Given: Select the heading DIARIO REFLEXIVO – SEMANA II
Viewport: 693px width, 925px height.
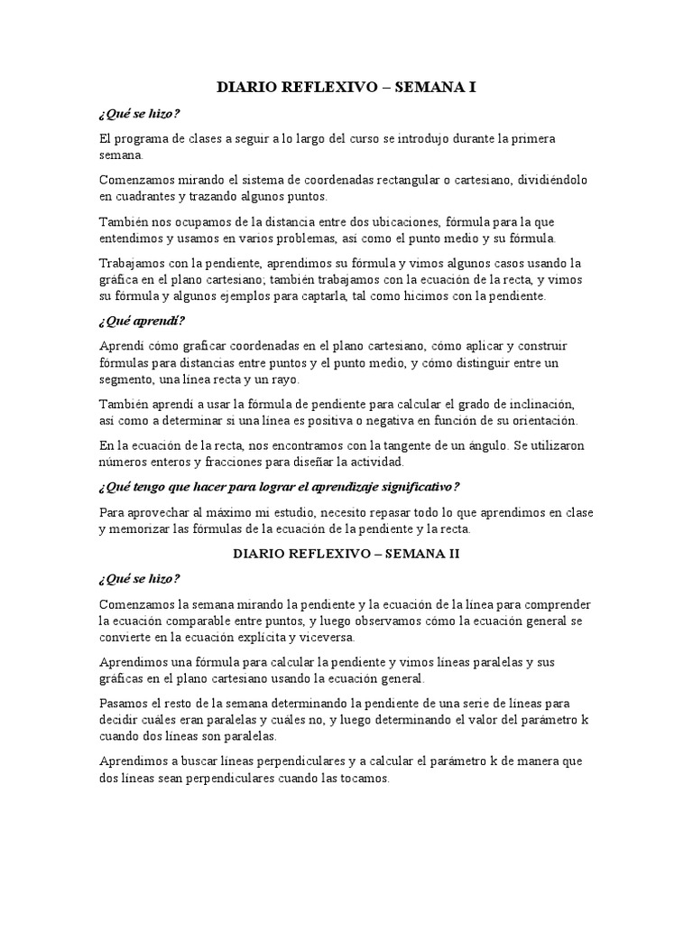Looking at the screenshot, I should tap(346, 553).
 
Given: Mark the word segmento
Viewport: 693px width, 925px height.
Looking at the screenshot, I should tap(127, 378).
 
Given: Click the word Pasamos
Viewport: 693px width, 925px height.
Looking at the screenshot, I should tap(124, 703).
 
